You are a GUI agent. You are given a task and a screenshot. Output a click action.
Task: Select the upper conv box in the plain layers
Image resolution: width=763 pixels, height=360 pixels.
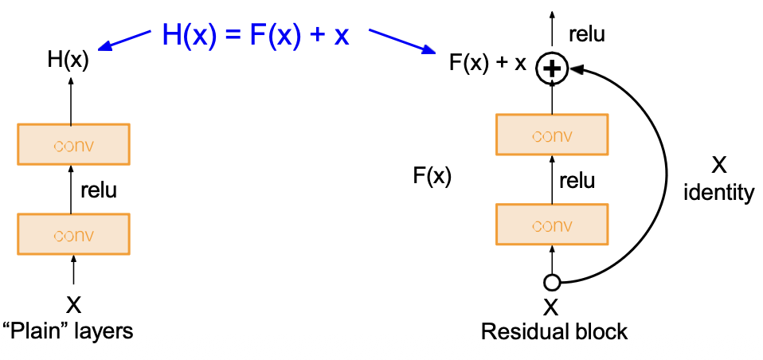point(74,146)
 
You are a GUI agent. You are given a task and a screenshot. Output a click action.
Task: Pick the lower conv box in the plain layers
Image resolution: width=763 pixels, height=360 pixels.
point(74,235)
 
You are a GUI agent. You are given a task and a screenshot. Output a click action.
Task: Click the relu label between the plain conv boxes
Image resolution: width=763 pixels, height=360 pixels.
point(99,190)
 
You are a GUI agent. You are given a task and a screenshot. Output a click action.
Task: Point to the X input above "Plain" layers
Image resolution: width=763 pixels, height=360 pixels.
point(73,304)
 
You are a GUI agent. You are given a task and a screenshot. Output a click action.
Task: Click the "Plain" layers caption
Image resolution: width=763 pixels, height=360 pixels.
point(68,331)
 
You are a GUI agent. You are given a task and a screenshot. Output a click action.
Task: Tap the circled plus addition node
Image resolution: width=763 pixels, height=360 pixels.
point(551,68)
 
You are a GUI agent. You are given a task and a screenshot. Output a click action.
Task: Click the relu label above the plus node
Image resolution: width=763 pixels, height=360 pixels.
point(587,34)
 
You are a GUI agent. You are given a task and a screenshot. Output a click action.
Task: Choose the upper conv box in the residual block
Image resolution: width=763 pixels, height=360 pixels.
point(552,135)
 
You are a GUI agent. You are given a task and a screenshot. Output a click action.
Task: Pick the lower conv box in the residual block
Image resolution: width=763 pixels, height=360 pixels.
point(552,225)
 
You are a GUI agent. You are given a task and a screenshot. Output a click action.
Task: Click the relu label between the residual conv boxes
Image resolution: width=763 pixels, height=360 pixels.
point(577,180)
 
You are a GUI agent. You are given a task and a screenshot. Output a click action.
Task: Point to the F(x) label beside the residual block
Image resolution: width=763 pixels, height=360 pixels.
point(432,176)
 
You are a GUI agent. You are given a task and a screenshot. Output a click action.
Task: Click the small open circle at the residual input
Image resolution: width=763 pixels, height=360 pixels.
point(551,281)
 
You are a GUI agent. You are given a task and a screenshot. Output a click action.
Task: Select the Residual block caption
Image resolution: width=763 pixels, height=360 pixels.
point(554,331)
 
